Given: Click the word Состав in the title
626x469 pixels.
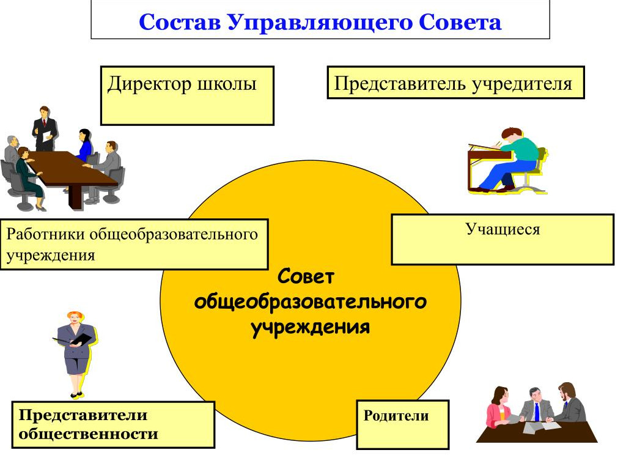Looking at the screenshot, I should coord(179,23).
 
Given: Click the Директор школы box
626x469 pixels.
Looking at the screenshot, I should coord(186,95).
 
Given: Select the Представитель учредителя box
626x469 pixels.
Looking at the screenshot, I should coord(455,83).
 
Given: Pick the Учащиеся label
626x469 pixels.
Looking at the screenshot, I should coord(503,230).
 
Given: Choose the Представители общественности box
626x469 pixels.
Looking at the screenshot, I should coord(113,424).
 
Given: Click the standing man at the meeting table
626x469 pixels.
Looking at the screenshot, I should coord(45,128).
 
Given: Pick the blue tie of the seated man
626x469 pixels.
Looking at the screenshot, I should coord(537,412).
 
